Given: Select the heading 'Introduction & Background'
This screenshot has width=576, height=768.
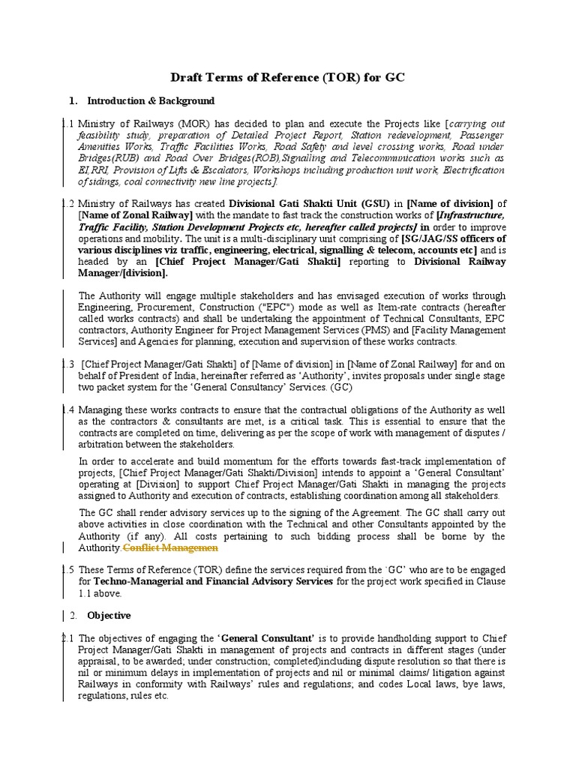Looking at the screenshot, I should (151, 100).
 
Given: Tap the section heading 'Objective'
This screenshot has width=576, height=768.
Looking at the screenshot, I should (109, 615).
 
